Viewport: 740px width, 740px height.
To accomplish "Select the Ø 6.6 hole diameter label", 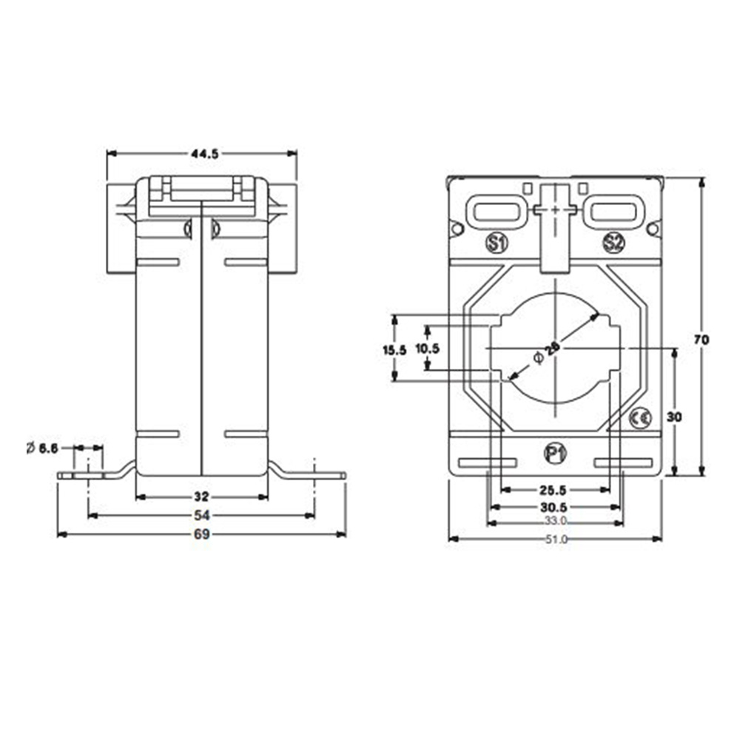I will (x=43, y=448).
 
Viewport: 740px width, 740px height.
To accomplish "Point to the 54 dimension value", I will (x=202, y=514).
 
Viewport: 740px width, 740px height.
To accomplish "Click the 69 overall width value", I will (x=202, y=534).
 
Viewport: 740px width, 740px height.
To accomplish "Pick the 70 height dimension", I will (x=702, y=340).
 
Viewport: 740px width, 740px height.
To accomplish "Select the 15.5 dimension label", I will (x=395, y=350).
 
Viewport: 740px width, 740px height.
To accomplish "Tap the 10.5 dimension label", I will (x=427, y=348).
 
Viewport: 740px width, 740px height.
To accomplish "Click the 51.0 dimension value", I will (x=555, y=539).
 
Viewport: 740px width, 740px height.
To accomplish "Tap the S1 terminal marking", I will (x=495, y=242).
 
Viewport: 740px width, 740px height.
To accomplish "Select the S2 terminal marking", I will (x=613, y=242).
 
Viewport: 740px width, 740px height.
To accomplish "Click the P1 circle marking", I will (x=554, y=453).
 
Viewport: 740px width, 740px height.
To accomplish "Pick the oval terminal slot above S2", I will (x=613, y=210).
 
